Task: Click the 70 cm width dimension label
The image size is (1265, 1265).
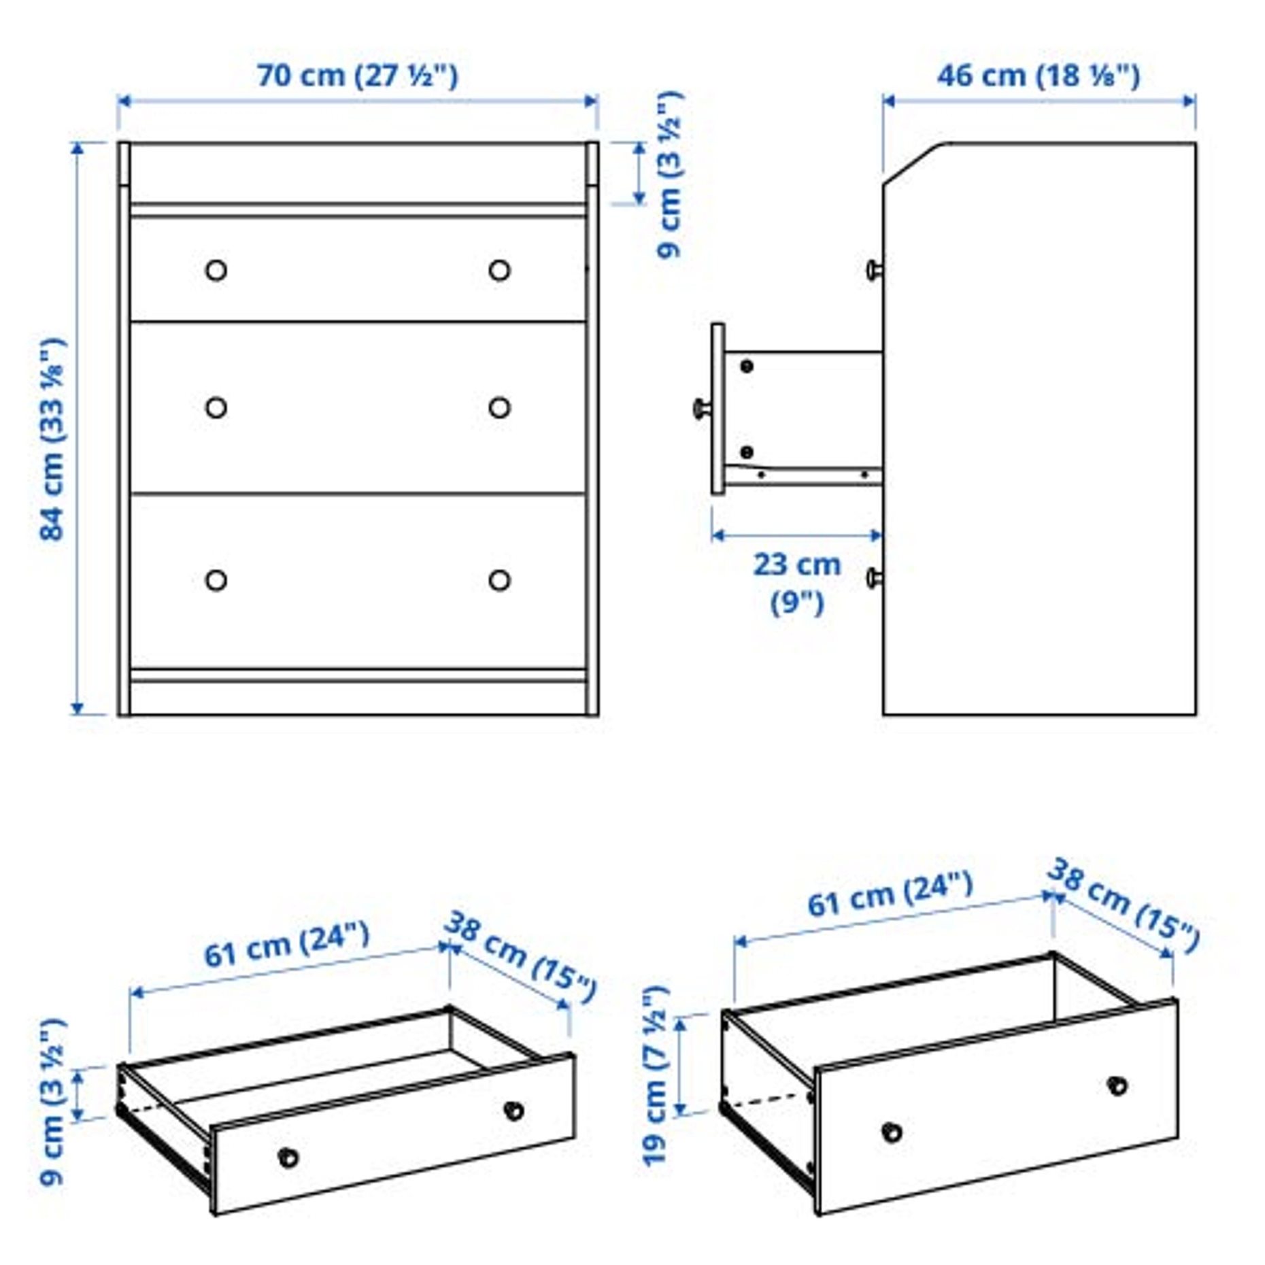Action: click(357, 75)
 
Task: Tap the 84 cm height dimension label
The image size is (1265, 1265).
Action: click(52, 439)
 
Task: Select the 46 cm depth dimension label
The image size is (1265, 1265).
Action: click(1038, 75)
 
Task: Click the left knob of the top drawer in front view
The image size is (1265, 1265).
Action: click(216, 270)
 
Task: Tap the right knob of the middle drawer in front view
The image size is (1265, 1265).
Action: click(499, 407)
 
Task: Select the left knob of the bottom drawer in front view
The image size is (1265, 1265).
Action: click(216, 580)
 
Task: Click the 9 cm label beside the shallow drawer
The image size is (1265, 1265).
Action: click(52, 1101)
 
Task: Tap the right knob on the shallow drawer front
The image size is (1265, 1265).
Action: click(513, 1111)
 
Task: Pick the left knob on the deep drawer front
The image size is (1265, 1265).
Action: click(892, 1132)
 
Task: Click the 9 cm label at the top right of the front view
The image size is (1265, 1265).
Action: click(670, 174)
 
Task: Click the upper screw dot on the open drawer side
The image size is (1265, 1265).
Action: click(747, 367)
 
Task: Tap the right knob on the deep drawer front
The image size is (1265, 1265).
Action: click(1117, 1085)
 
